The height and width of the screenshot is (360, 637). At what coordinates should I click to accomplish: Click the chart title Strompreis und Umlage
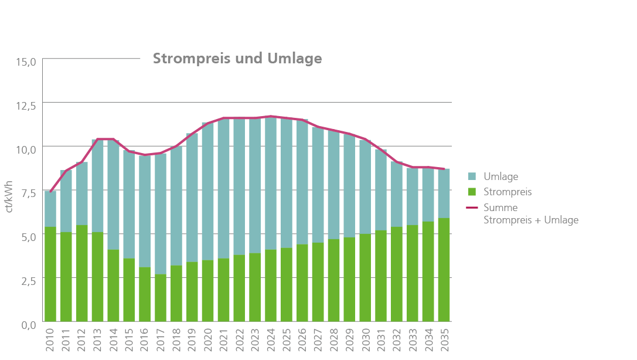(x=237, y=59)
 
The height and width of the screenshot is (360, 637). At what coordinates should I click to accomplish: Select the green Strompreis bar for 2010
(x=51, y=274)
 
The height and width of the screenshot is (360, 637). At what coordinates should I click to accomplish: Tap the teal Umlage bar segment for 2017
(x=161, y=213)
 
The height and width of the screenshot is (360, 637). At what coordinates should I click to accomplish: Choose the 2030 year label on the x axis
(x=366, y=342)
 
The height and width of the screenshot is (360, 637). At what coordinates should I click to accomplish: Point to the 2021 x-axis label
(x=224, y=342)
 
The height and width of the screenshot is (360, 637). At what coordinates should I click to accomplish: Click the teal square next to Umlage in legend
(x=472, y=176)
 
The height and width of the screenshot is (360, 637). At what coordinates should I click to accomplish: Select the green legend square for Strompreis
(x=472, y=192)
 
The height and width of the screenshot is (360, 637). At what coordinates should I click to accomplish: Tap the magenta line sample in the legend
(x=472, y=208)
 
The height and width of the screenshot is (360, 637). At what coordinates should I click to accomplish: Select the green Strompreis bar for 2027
(x=319, y=282)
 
